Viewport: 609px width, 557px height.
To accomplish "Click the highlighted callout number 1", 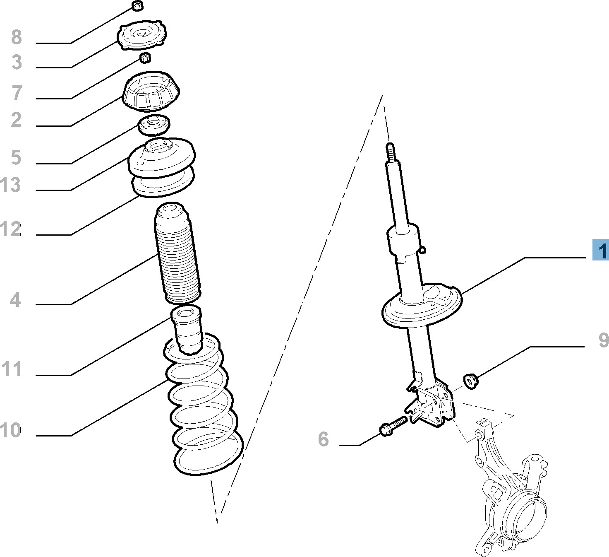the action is [x=601, y=249].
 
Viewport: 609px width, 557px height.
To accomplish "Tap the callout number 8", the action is [x=17, y=37].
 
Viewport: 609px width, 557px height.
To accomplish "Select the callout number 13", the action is [x=10, y=184].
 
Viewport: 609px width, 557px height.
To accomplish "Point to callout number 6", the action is [x=323, y=439].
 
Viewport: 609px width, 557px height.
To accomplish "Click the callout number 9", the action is [x=604, y=340].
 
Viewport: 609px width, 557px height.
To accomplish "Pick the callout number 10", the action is [x=10, y=430].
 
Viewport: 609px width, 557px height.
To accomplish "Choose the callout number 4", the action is [x=15, y=299].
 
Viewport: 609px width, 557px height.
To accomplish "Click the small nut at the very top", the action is [x=138, y=6].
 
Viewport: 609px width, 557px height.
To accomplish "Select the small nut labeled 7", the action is [x=146, y=58].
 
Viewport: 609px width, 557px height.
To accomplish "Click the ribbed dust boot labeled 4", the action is [x=177, y=253].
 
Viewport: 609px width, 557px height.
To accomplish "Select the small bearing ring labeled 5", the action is [x=154, y=125].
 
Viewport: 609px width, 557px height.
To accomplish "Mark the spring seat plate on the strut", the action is [x=422, y=305].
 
